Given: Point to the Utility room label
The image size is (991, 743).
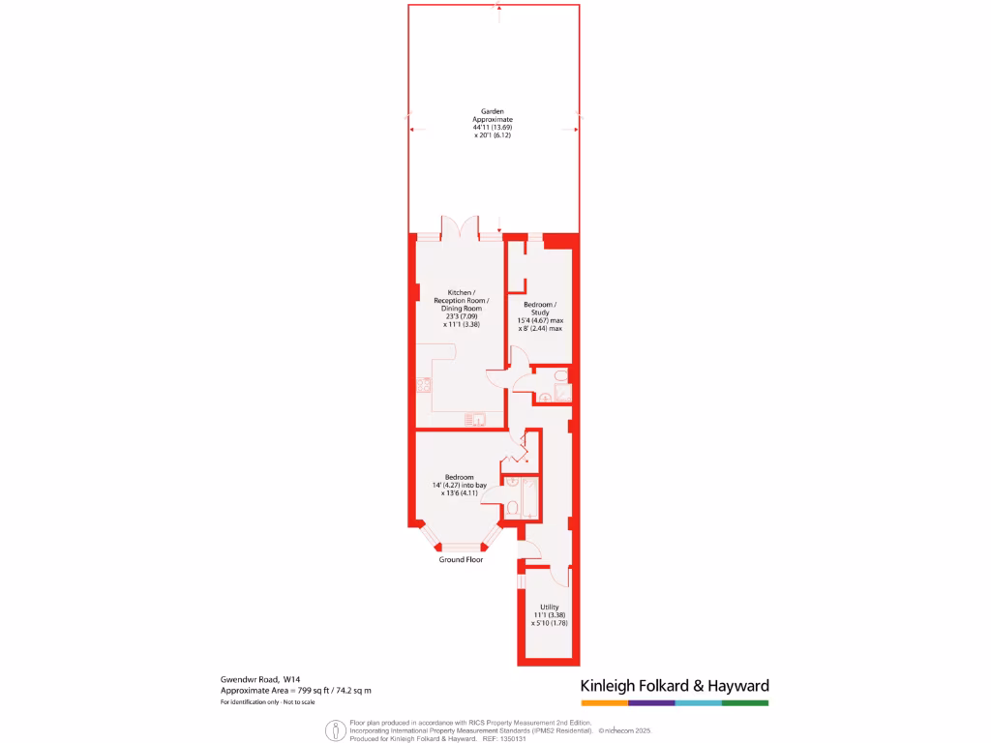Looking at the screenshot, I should [549, 607].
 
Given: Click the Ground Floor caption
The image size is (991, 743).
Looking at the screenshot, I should [461, 560].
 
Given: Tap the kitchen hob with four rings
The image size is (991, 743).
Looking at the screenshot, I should [424, 385].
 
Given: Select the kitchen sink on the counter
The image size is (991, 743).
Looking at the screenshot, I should [474, 419].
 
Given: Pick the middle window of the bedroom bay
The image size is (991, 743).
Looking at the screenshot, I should [461, 548].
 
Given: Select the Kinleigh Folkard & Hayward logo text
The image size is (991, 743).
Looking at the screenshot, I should [675, 686].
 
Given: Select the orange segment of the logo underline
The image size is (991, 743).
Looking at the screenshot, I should [604, 703].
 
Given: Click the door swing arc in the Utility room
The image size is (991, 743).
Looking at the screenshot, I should [559, 575].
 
